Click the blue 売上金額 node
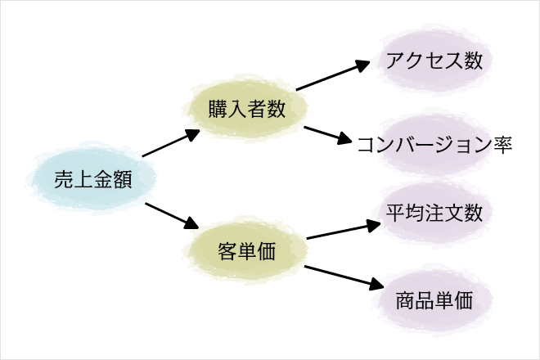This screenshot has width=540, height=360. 92,178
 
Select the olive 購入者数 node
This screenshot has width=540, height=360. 245,108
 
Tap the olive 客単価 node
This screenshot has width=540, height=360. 245,250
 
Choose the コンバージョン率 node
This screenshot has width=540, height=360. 434,144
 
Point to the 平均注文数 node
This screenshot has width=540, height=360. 434,213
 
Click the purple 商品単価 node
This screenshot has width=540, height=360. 434,300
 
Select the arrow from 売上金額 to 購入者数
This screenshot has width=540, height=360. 171,143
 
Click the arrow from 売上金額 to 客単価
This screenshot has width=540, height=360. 172,216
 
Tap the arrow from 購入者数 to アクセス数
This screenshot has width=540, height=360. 333,75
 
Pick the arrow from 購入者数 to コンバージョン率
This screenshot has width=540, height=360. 328,135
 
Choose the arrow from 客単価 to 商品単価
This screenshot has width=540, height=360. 344,277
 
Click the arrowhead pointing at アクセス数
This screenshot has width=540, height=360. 362,65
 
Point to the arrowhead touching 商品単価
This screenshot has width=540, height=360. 376,285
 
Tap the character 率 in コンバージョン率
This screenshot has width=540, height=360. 503,144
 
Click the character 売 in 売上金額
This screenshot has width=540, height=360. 64,179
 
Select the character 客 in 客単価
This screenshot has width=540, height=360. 227,251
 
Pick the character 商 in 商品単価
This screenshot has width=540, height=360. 405,300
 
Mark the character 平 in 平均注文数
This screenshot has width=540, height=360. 395,213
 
